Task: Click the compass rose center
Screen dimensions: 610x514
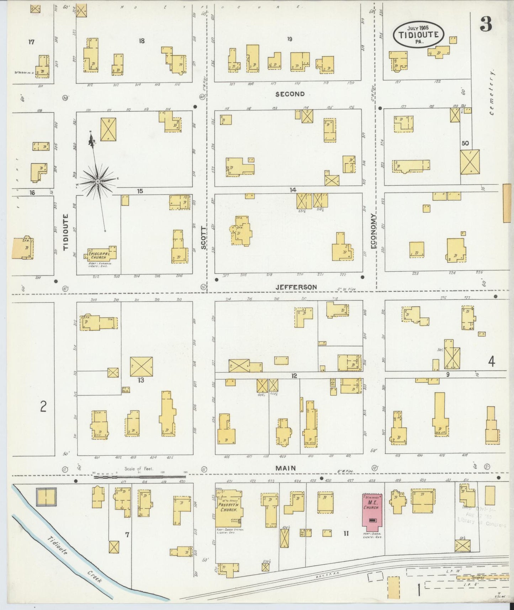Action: (x=97, y=182)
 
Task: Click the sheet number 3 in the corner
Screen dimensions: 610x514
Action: (x=486, y=24)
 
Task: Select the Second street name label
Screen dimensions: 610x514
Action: (x=290, y=94)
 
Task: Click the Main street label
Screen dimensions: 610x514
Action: (x=286, y=468)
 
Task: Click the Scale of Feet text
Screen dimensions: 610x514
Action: (x=138, y=469)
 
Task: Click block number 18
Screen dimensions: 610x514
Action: (x=142, y=41)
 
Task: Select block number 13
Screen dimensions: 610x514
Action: (x=141, y=380)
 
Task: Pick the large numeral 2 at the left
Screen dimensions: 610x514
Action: (x=43, y=406)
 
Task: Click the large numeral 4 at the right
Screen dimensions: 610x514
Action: (x=491, y=362)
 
